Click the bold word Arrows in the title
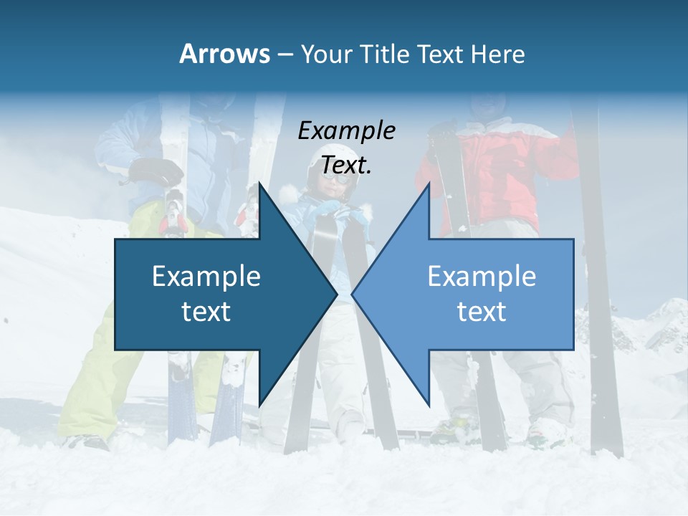[x=224, y=54]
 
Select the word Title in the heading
[x=386, y=54]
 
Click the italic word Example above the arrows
[x=347, y=131]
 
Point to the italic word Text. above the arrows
[x=347, y=166]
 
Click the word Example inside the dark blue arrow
[x=206, y=277]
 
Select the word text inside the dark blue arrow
[x=206, y=312]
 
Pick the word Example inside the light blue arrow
[x=482, y=277]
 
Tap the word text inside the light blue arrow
[x=482, y=312]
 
